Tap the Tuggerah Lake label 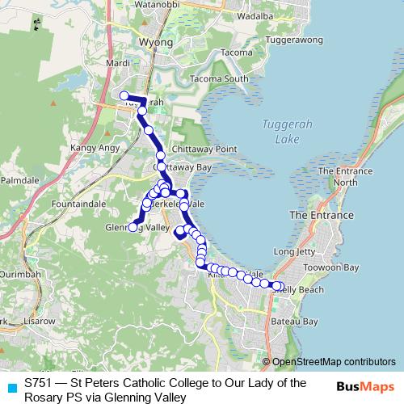coord(280,131)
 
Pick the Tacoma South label coord(219,78)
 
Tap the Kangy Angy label coord(95,148)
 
